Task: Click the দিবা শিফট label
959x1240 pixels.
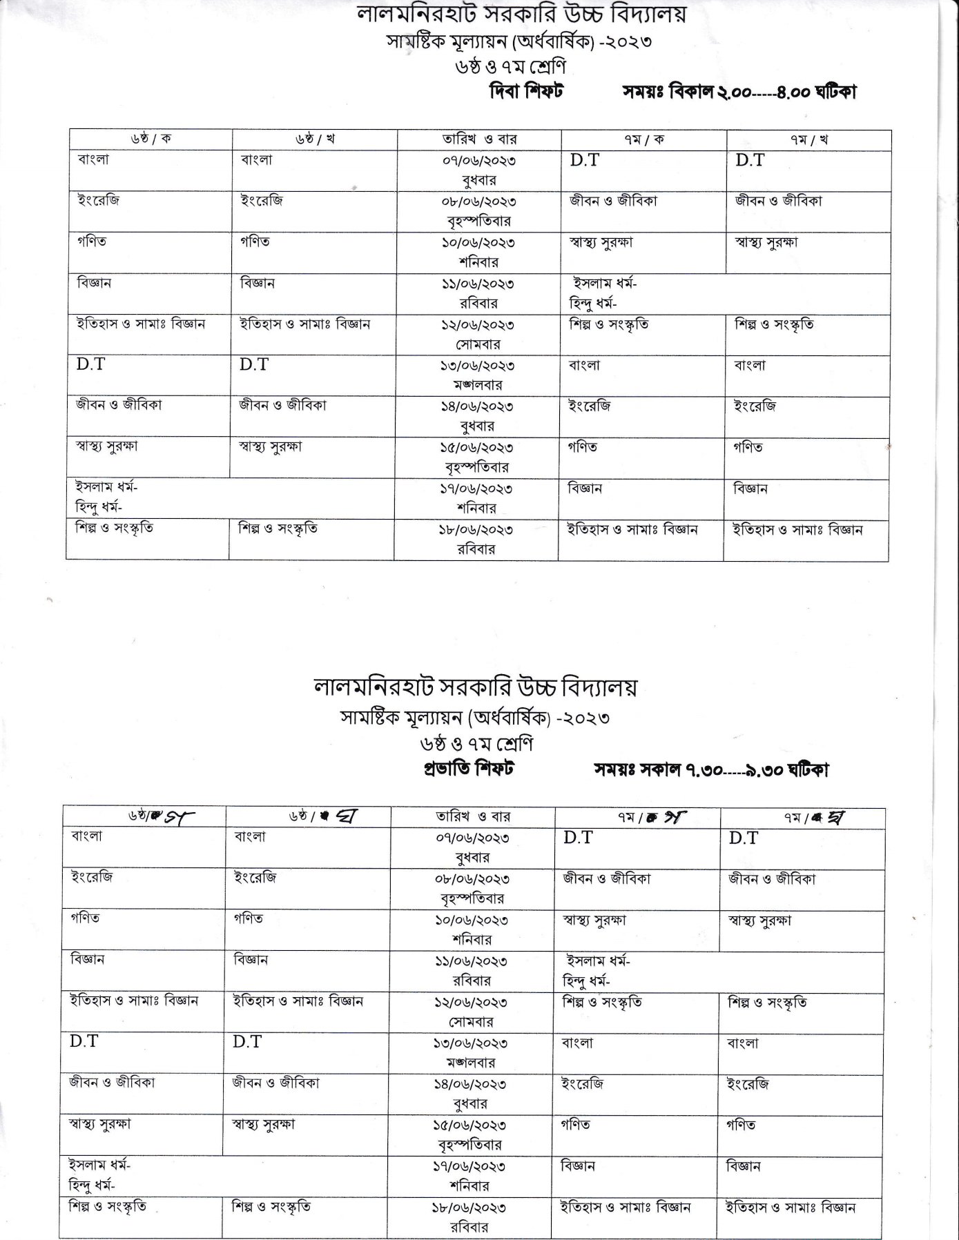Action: point(526,91)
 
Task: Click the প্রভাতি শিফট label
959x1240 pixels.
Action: point(469,769)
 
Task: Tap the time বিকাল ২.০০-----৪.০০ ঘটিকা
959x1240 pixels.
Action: point(762,92)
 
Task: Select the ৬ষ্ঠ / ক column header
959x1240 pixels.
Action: point(151,139)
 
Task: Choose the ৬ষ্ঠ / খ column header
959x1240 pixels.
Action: point(315,139)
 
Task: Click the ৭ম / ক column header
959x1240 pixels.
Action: point(643,139)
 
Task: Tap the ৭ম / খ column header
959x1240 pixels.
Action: point(808,139)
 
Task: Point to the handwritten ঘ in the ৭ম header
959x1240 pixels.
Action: point(833,817)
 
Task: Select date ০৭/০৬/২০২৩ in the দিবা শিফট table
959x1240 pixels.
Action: point(479,161)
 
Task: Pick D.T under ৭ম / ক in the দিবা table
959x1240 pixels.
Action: point(584,161)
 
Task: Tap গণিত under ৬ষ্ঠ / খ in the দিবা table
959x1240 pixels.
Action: point(255,242)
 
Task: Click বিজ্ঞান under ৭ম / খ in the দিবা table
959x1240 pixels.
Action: point(750,489)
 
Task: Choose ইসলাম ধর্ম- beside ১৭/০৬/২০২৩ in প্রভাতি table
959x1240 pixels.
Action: point(100,1165)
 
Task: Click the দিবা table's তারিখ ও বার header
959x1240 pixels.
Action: point(479,139)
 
